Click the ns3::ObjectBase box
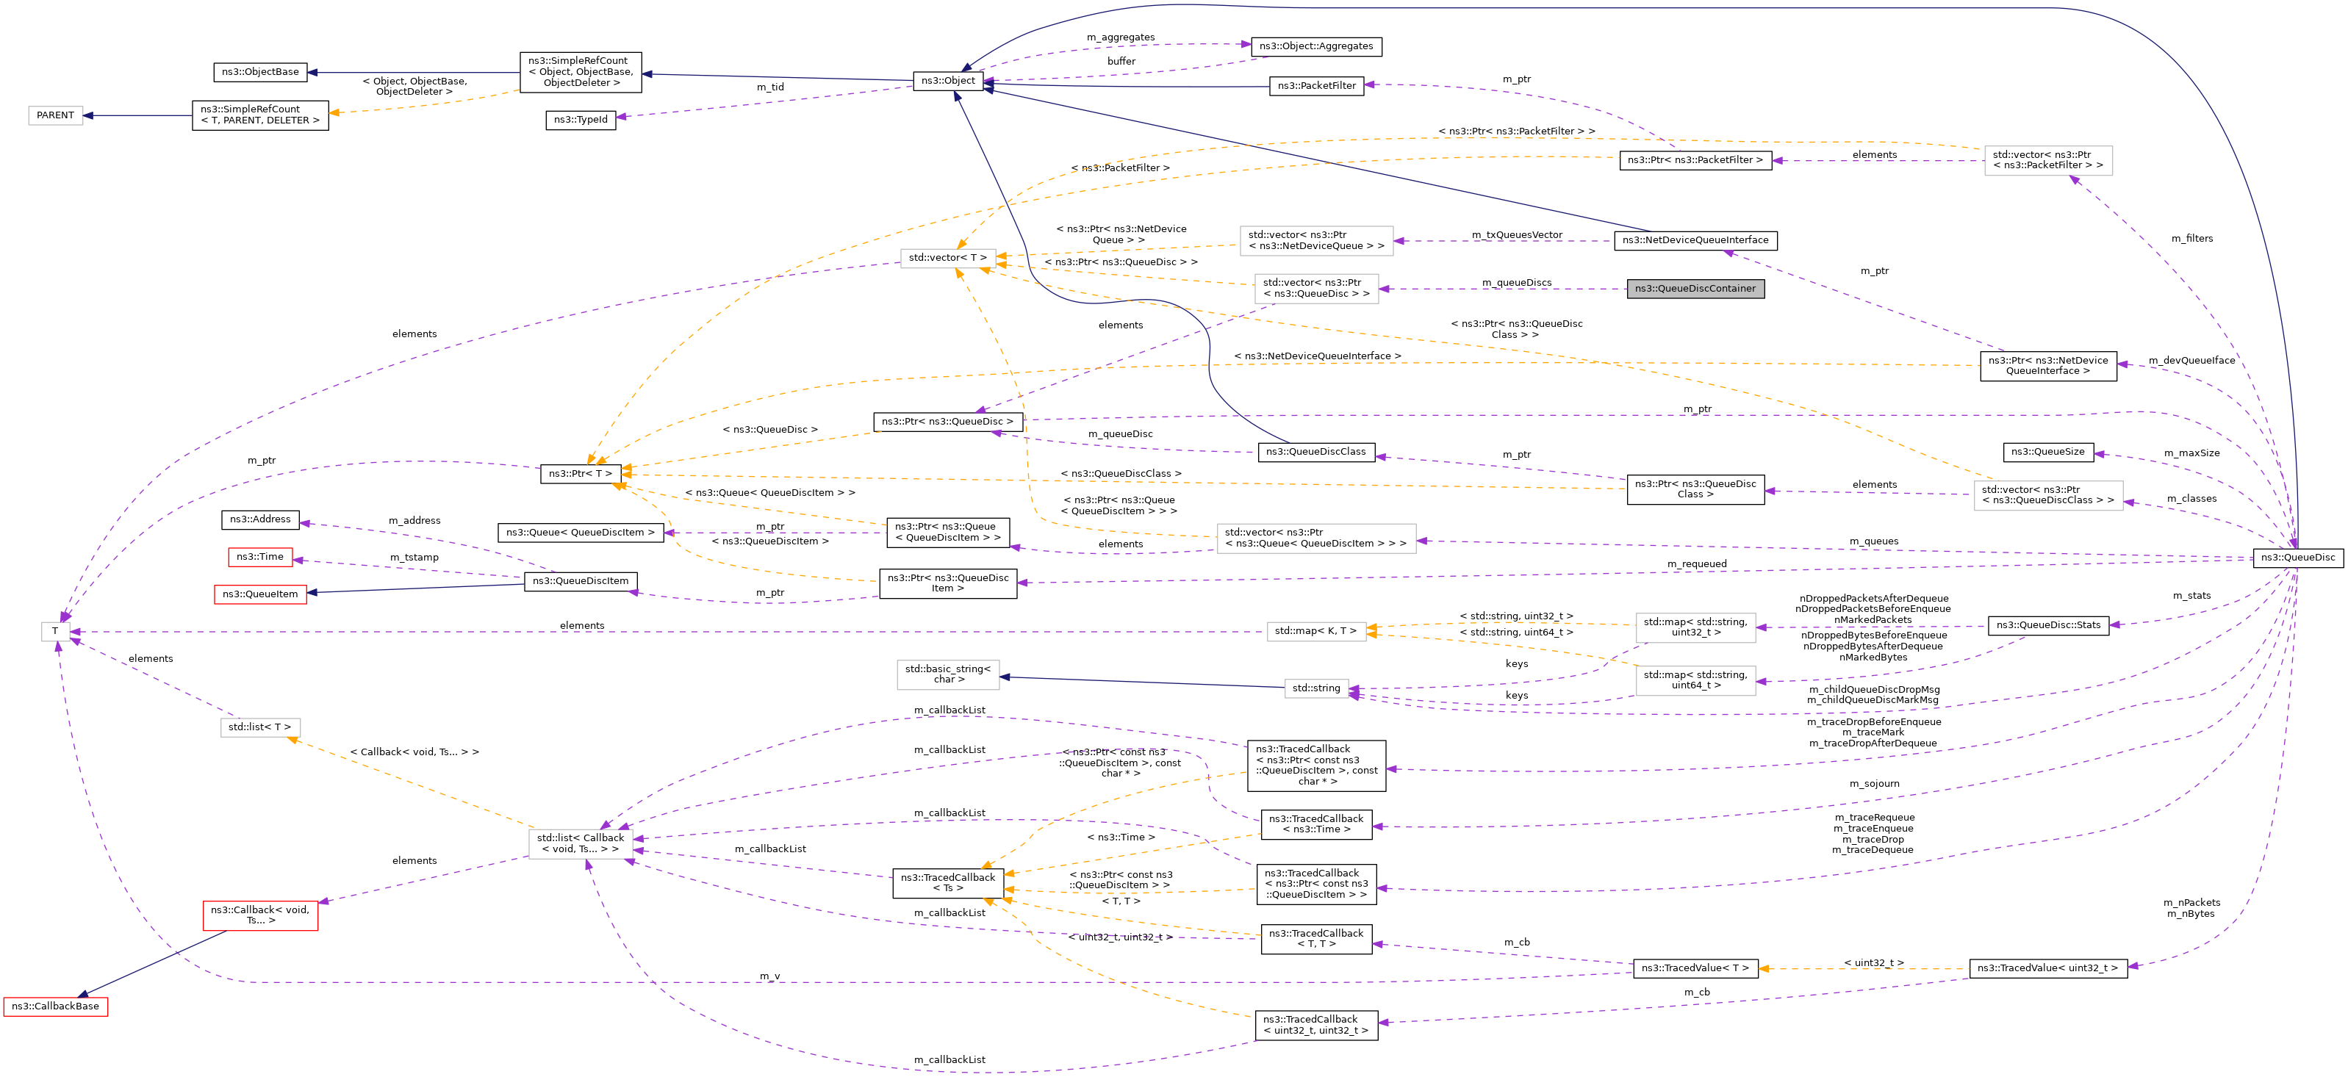[259, 72]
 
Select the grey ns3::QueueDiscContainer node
[1695, 289]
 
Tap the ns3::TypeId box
[581, 119]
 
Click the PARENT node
[56, 116]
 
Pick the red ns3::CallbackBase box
[56, 1006]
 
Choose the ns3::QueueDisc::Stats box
[2047, 625]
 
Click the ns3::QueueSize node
[2047, 452]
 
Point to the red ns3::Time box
[259, 557]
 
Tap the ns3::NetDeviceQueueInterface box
[1695, 240]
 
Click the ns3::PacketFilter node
[1316, 86]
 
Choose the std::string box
[1316, 688]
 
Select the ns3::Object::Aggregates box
[1315, 46]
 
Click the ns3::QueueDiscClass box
[1315, 452]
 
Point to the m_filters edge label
[2191, 239]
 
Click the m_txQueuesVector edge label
[1517, 235]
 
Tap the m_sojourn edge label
[1874, 784]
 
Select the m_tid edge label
[770, 87]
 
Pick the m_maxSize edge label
[2191, 453]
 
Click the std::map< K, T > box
[1315, 630]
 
